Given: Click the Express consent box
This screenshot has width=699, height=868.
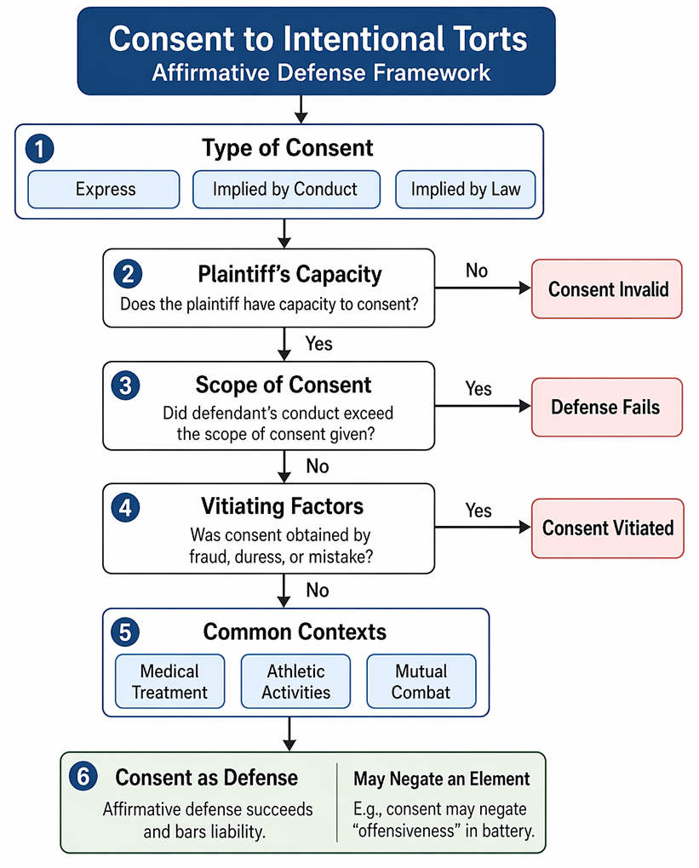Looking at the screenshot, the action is click(104, 189).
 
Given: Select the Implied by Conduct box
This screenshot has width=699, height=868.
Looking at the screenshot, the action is click(286, 189).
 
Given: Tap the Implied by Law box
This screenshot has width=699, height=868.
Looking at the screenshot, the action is click(465, 189).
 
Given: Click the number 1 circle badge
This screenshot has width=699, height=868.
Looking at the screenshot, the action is click(39, 149).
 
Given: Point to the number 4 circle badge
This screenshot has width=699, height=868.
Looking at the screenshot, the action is click(126, 508).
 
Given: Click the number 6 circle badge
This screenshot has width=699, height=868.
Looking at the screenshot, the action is click(83, 776).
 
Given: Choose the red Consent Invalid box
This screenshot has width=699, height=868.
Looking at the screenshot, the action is click(607, 289).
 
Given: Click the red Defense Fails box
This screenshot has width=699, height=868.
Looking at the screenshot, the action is click(607, 408).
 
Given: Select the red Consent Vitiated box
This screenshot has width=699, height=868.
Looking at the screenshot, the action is click(608, 528).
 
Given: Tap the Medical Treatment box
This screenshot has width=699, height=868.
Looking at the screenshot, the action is click(170, 682).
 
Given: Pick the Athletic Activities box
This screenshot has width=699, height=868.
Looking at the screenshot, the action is click(295, 682).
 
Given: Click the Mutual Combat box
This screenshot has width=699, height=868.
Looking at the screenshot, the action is click(421, 682).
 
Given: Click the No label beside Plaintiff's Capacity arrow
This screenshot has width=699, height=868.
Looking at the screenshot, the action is click(476, 271).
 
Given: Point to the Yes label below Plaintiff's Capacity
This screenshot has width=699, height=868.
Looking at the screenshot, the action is click(319, 344).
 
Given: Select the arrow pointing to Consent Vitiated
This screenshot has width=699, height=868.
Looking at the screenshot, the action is click(483, 528).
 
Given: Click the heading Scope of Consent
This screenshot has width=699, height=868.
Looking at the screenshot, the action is click(284, 385).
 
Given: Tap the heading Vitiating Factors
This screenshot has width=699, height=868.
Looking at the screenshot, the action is click(283, 506).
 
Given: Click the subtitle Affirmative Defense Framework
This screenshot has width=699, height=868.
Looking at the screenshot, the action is click(321, 72).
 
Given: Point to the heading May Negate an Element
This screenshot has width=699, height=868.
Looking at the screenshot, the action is click(442, 779).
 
